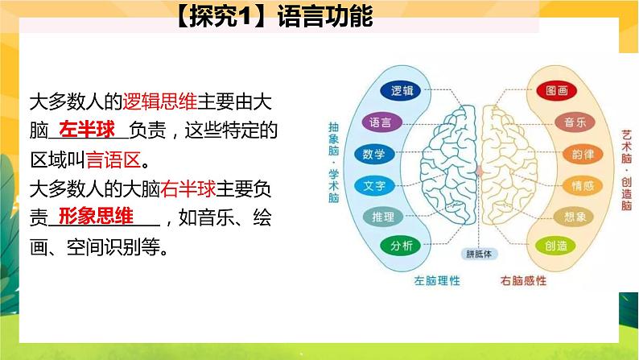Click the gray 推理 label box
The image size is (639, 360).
381,217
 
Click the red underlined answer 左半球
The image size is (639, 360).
89,128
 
